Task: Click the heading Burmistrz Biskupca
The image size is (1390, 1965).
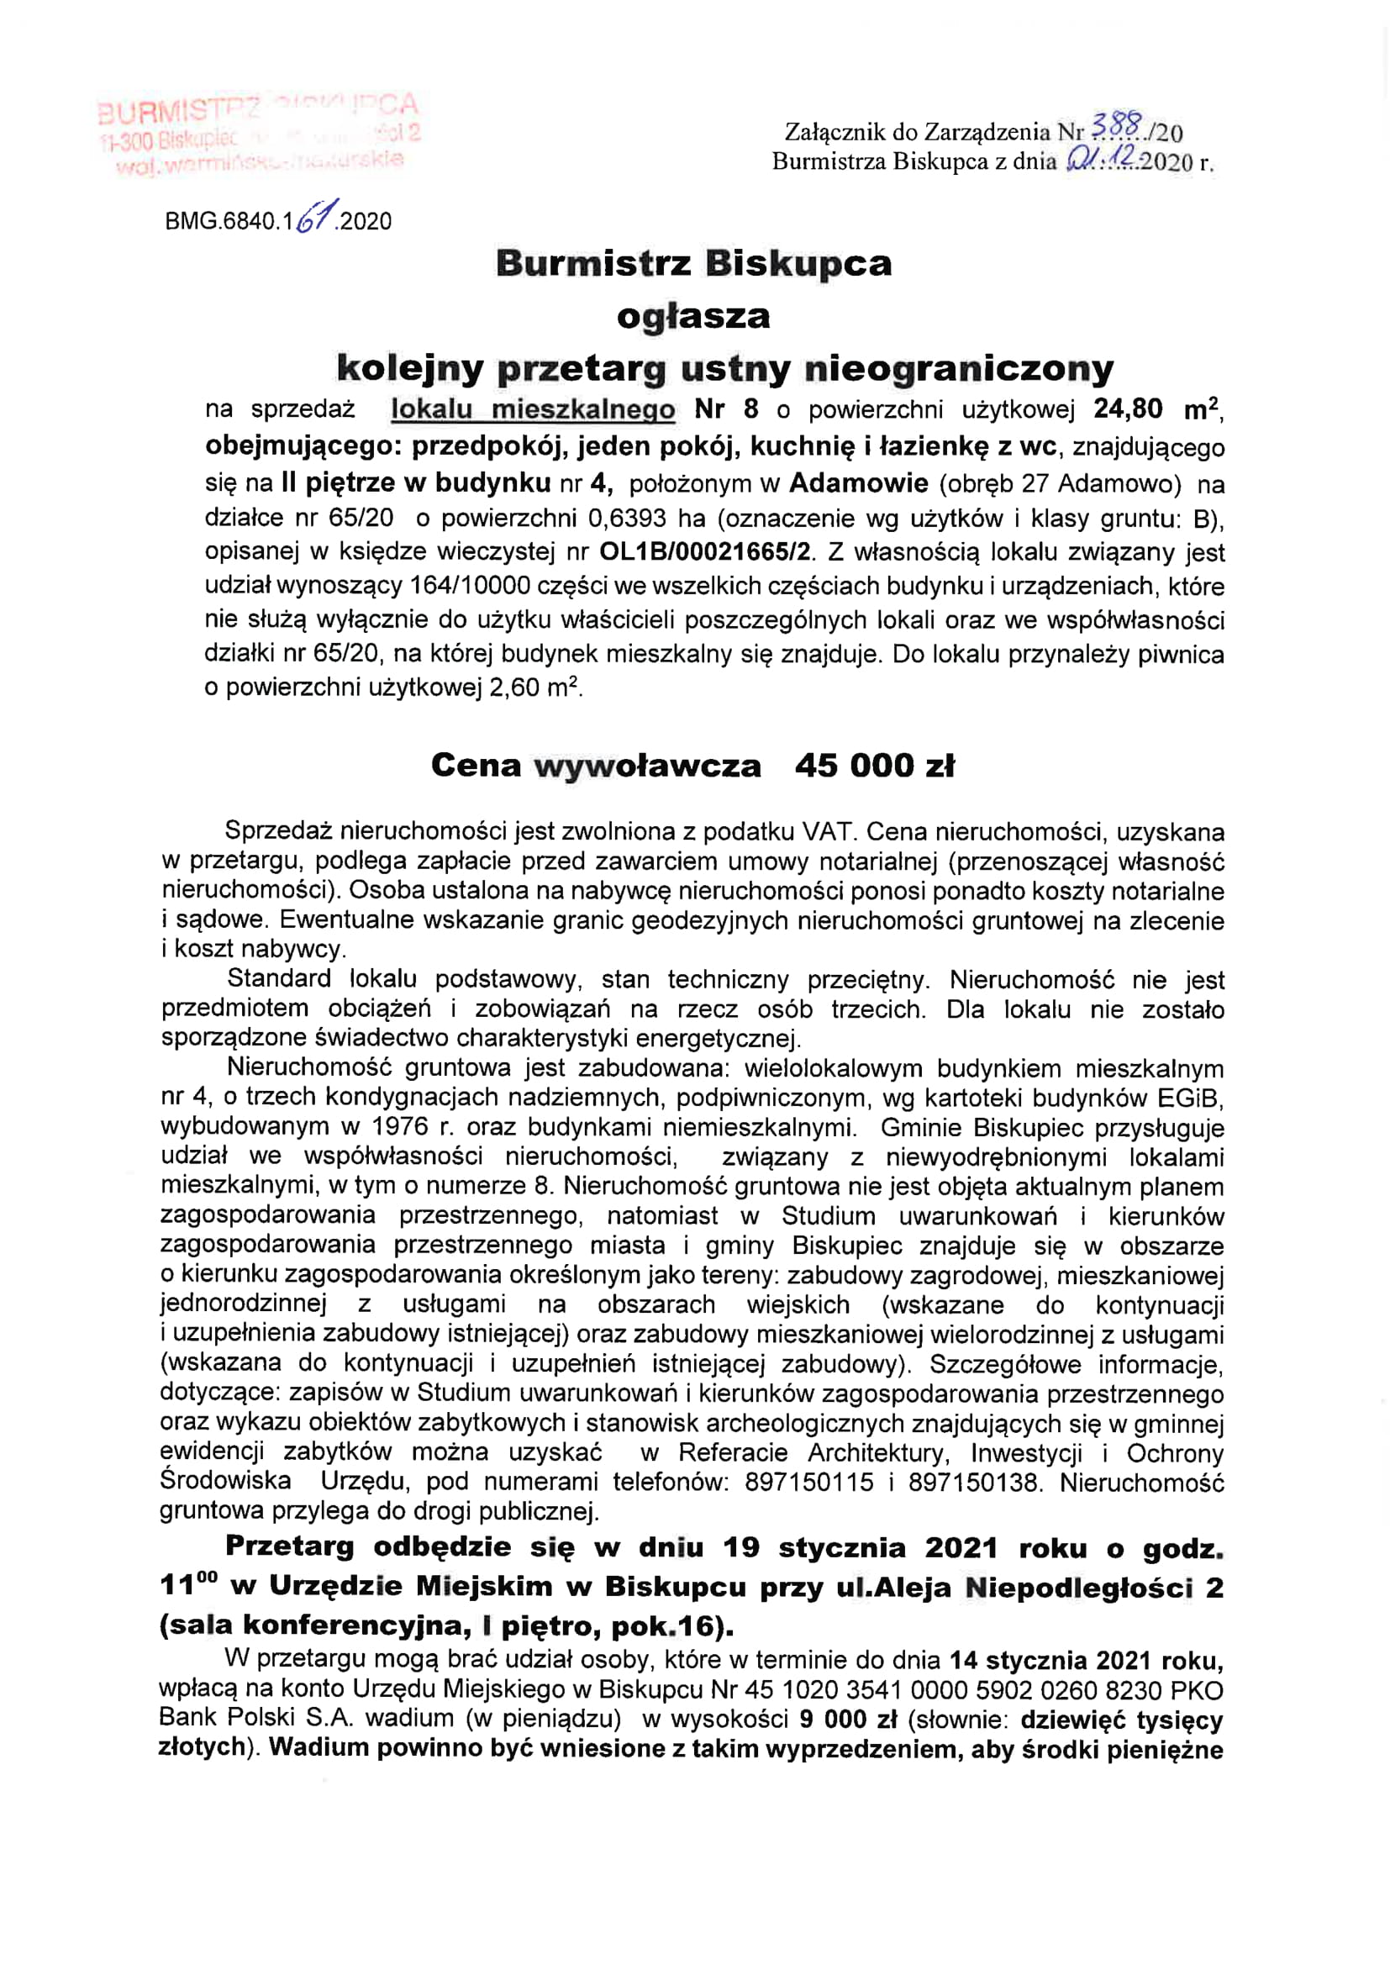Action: (693, 263)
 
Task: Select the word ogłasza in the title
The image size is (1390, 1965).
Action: (693, 317)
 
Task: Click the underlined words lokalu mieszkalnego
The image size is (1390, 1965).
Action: (532, 409)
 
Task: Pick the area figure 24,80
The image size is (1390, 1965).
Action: (1127, 409)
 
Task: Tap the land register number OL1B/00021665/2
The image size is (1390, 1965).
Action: (704, 551)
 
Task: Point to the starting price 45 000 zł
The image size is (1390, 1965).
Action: (874, 765)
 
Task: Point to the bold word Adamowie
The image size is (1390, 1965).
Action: (858, 482)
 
